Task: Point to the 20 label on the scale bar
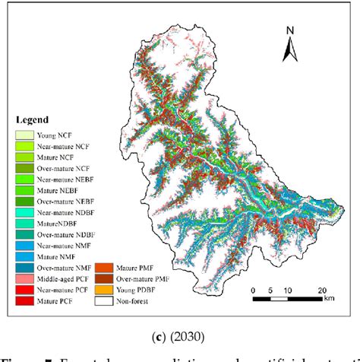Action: coord(321,290)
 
